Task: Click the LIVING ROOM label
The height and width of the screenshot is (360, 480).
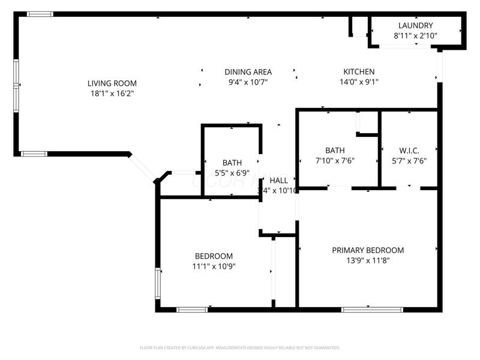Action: [112, 83]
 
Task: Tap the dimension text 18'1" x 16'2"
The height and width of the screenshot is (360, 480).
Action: [112, 94]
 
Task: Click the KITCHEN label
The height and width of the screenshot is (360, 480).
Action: [359, 71]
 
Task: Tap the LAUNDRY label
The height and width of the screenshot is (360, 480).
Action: [415, 26]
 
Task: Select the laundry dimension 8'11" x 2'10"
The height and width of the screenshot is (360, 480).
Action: [415, 36]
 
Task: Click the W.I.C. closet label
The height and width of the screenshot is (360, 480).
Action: [409, 150]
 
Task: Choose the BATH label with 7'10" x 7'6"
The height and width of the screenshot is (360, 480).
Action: [334, 150]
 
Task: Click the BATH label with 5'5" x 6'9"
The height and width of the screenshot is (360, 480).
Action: [232, 163]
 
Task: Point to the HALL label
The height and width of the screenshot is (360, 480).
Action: [278, 181]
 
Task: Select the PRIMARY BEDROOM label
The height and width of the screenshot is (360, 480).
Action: [368, 250]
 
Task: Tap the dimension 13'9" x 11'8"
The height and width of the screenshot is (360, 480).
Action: [368, 260]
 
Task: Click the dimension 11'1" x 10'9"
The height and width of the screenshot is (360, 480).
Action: [212, 266]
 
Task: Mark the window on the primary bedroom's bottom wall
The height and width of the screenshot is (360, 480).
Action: [364, 310]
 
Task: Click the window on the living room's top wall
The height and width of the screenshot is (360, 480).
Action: [40, 14]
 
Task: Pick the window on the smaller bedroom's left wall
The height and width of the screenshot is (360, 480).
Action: [158, 284]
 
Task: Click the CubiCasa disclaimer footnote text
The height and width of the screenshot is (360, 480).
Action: [240, 347]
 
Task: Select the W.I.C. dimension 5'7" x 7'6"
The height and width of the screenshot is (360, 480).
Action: [409, 160]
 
